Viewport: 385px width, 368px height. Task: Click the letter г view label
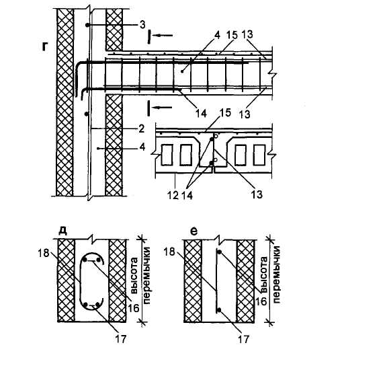(44, 46)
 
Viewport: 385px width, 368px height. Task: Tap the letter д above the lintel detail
(63, 230)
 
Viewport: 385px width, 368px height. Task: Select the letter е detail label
(194, 231)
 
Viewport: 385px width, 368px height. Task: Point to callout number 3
(142, 25)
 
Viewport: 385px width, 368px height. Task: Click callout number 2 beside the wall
(142, 128)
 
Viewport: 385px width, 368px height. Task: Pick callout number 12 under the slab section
(173, 195)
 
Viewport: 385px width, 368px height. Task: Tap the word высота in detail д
(134, 276)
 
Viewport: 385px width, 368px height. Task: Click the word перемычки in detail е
(277, 275)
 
